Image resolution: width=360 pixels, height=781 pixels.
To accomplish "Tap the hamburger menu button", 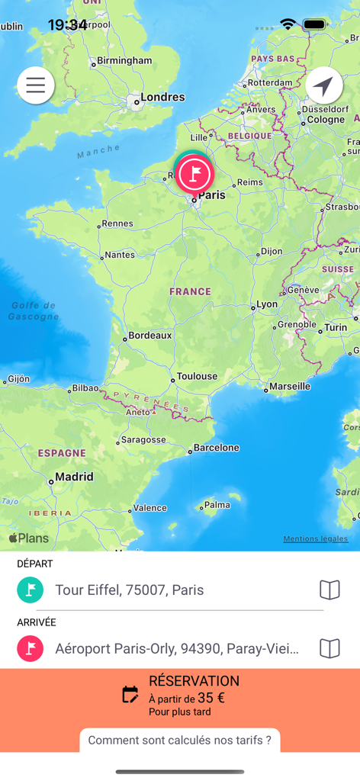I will click(36, 85).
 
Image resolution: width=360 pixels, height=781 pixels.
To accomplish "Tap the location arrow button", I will click(324, 85).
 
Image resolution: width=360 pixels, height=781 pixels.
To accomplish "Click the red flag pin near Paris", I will click(194, 175).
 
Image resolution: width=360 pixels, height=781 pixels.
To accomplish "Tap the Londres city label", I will click(162, 97).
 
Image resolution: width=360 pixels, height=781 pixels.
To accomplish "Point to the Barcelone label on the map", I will click(216, 448).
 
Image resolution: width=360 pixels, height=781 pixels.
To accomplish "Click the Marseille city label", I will click(290, 386).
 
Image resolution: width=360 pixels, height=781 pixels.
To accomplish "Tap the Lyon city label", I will click(267, 304).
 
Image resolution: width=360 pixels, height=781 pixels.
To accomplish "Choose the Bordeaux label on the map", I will click(149, 335).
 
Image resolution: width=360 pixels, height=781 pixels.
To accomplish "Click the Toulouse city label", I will click(197, 376).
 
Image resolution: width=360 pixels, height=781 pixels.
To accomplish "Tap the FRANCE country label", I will click(190, 291).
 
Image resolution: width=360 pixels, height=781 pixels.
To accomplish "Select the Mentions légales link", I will click(315, 538).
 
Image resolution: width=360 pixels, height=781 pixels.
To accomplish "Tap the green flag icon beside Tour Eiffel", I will click(31, 590).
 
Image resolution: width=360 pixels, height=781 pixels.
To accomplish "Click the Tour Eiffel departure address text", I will click(130, 590).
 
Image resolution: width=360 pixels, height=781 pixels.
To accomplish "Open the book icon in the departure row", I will click(329, 590).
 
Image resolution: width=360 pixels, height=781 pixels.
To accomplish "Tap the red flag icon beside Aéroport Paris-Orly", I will click(31, 648).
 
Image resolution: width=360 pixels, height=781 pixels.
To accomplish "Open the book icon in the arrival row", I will click(329, 648).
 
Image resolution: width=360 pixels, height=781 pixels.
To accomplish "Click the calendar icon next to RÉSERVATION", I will click(130, 695).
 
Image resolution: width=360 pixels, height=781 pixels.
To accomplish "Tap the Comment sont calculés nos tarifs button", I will click(180, 740).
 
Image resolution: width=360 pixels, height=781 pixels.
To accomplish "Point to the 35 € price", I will click(211, 697).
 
